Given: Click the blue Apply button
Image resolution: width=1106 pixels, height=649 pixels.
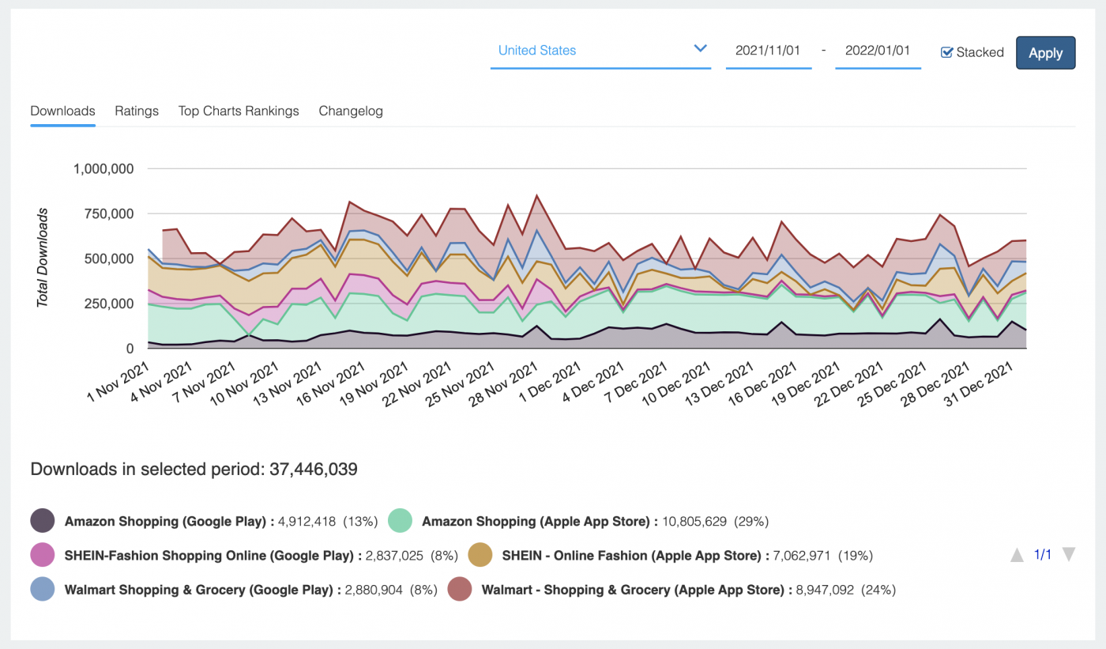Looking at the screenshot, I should click(1045, 53).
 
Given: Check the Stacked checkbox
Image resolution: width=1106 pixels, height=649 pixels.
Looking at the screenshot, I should click(947, 52).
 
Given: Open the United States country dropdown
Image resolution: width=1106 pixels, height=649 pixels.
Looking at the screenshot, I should click(600, 51).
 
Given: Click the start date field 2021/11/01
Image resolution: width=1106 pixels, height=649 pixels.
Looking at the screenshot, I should click(768, 51).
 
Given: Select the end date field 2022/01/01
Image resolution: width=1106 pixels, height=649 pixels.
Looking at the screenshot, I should click(877, 51).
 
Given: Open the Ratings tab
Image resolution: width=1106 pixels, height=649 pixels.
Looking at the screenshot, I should click(137, 111).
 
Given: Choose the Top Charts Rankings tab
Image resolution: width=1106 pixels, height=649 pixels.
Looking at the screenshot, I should click(239, 111).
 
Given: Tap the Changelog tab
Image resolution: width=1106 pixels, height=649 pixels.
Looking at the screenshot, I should click(351, 111).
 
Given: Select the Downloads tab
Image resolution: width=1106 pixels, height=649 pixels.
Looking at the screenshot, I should click(62, 111).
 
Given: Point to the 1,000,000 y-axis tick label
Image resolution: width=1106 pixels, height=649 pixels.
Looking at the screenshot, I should click(103, 168).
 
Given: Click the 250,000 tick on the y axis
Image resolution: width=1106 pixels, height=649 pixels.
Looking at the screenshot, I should click(109, 304).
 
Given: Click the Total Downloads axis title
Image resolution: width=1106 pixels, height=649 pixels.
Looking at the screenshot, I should click(43, 258).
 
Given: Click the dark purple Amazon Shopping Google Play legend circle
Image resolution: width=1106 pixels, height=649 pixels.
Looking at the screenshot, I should click(43, 522).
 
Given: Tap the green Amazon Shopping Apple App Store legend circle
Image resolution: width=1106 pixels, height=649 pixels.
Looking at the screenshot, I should click(401, 522).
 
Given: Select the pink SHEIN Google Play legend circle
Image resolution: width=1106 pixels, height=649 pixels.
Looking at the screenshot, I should click(43, 555).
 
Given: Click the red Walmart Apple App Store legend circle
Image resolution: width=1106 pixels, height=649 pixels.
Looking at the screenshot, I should click(460, 589).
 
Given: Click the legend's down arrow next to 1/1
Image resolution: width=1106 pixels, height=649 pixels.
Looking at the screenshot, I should click(1068, 555).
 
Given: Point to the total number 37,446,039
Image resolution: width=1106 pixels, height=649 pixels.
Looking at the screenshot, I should click(314, 470).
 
